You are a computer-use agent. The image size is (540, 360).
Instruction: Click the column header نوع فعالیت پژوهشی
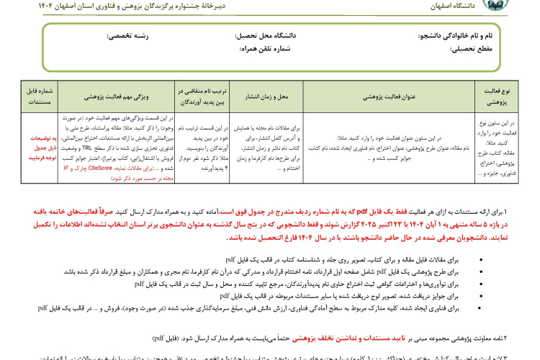pos(497,96)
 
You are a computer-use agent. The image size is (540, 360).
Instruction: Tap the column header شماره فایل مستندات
pos(39,96)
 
